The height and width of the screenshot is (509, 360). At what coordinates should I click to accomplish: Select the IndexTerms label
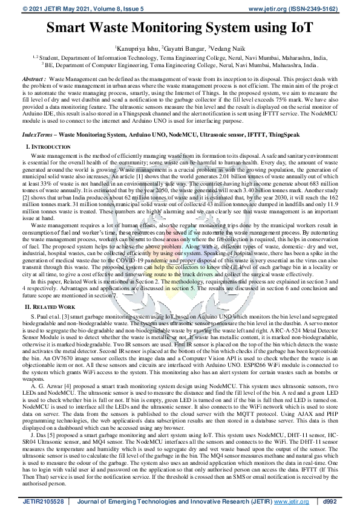[x=38, y=137]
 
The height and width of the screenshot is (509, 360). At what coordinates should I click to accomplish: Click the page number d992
[x=330, y=501]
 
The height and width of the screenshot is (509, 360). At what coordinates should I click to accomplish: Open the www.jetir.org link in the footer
[x=290, y=501]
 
